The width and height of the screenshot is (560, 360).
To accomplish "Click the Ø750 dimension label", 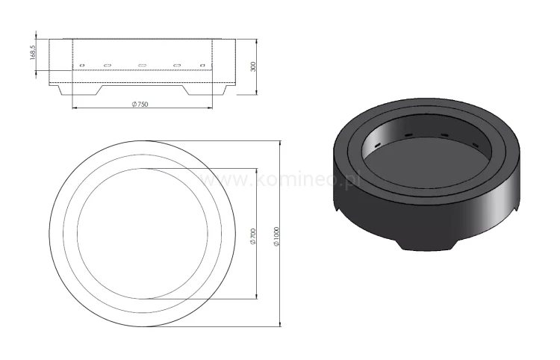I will tap(139, 105).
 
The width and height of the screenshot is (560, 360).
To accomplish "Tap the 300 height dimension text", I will tap(254, 66).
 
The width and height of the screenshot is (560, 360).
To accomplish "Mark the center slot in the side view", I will tap(142, 66).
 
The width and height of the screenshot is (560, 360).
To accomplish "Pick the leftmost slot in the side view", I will tap(82, 66).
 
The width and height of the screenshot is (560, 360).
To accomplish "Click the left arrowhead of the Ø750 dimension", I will tap(75, 108).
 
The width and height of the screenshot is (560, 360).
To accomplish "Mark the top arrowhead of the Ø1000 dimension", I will tap(280, 141).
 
